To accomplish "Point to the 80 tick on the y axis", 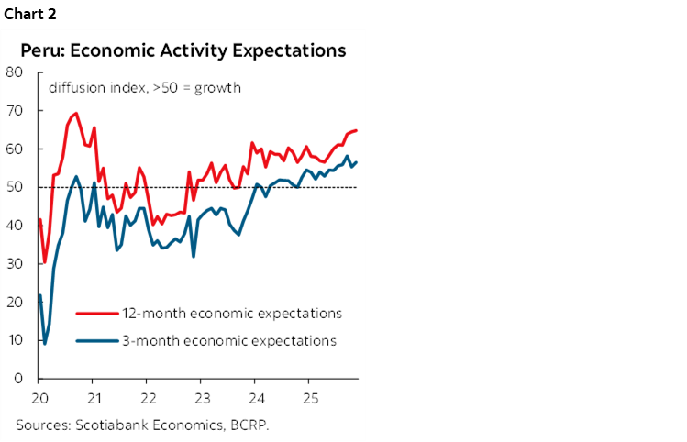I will point(16,72).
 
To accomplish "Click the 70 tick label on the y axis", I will point(16,111).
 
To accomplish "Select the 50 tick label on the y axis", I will point(16,187).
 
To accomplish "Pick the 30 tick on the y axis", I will point(16,263).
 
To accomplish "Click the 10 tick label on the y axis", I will point(16,340).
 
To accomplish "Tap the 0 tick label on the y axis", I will point(19,378).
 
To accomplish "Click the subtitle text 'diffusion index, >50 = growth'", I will point(144,89).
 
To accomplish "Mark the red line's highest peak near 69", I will point(75,114).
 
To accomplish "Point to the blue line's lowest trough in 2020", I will point(45,344).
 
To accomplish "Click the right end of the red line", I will point(356,130).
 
